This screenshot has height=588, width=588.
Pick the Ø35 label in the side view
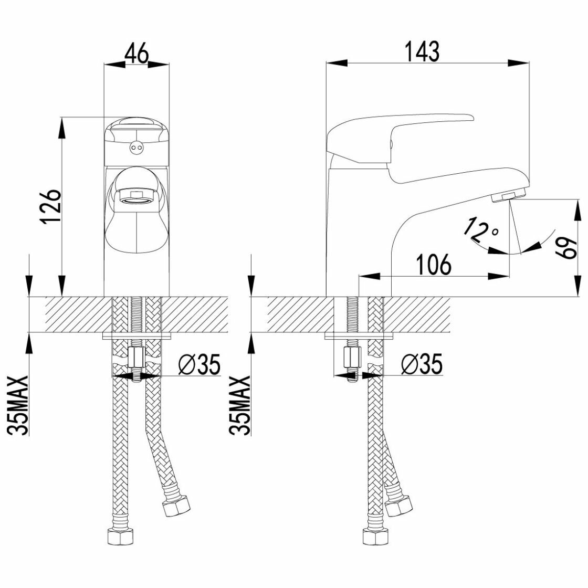click(422, 364)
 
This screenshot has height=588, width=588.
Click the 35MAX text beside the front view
click(19, 405)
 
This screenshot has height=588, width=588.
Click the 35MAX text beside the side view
click(241, 405)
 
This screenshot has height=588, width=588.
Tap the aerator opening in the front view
click(136, 198)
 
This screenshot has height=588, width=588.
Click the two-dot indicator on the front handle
click(136, 149)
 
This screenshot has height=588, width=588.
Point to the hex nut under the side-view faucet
click(352, 359)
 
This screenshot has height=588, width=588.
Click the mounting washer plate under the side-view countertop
click(359, 335)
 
